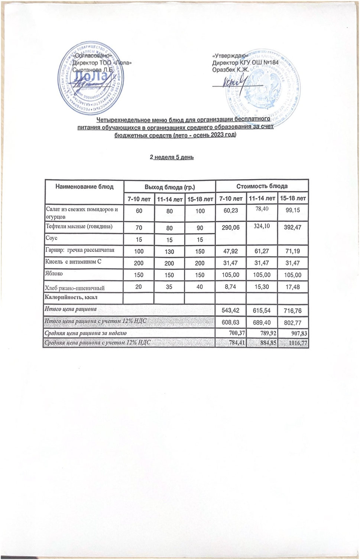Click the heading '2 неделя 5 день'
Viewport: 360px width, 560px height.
point(172,157)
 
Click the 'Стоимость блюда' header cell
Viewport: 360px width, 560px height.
point(262,186)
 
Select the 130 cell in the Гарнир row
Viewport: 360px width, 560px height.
point(169,251)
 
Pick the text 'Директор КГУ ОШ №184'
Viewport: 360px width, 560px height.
point(245,63)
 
